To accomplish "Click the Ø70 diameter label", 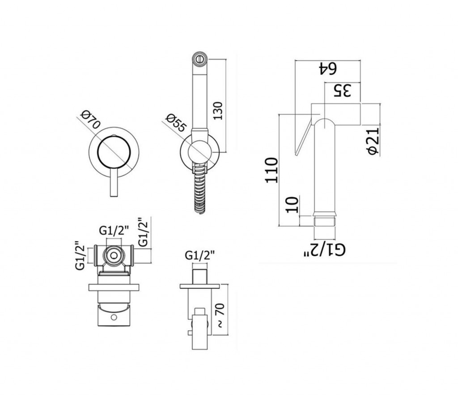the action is tap(91, 120).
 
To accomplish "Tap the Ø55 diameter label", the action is tap(176, 123).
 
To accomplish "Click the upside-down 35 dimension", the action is tap(342, 90).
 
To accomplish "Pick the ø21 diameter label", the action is tap(374, 141).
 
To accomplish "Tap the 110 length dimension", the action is tap(271, 171).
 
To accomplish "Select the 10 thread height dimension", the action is tap(293, 205).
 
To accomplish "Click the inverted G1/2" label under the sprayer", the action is tap(325, 250).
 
